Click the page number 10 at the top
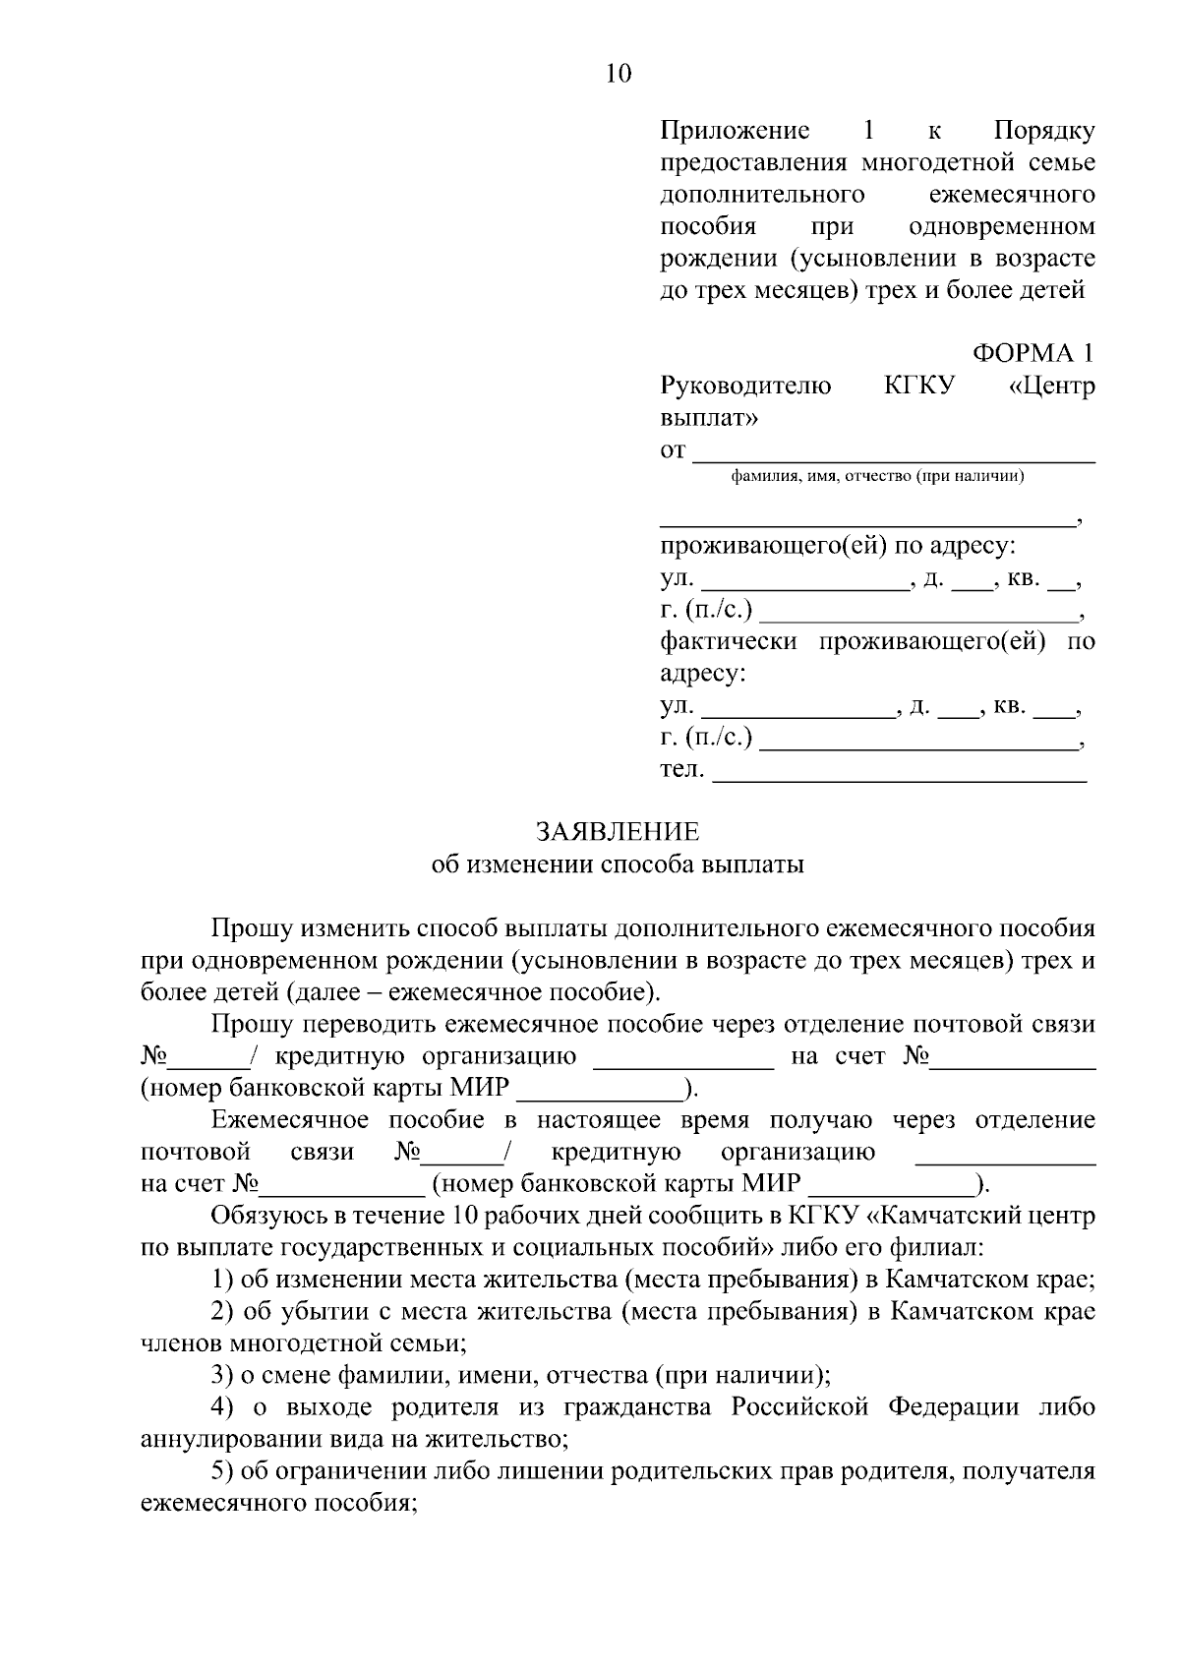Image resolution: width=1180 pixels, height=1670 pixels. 619,74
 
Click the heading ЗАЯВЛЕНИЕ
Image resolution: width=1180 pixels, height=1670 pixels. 618,832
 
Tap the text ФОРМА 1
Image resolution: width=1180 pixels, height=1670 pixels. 1032,353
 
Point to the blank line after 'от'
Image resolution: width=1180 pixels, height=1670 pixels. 894,453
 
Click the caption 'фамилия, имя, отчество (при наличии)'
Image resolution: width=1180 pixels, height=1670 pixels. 877,477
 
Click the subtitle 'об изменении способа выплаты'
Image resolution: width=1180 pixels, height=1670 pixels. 618,865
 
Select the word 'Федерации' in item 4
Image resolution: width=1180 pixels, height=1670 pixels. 954,1407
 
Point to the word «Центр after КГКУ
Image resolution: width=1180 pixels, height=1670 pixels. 1052,386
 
